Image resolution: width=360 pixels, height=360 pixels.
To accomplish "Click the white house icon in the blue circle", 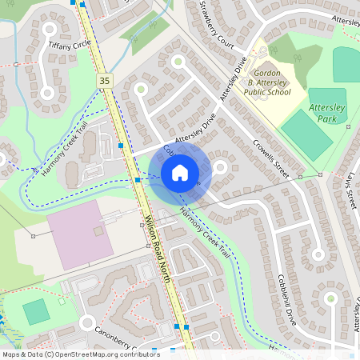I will click(x=180, y=172).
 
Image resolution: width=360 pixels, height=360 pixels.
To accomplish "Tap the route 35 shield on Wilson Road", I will click(x=104, y=81).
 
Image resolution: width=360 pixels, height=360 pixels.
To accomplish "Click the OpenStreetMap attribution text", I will click(x=80, y=354).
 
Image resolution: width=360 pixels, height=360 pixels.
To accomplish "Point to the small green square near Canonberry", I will click(x=36, y=311).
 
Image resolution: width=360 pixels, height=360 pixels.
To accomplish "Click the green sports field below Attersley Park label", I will click(x=306, y=134).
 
